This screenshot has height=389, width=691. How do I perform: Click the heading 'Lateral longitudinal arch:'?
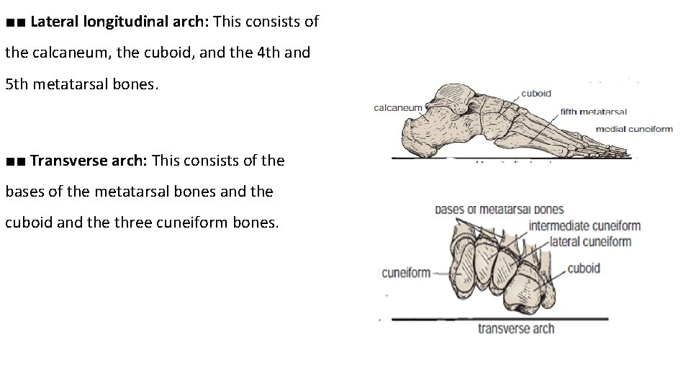point(119,22)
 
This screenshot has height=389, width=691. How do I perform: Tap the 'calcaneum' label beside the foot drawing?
point(397,108)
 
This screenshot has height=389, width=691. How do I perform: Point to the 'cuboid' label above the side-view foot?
point(536,93)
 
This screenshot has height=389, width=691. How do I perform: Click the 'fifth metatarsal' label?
point(594,112)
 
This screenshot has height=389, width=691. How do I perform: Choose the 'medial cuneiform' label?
point(634,130)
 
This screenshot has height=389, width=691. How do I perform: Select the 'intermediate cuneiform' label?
point(584,226)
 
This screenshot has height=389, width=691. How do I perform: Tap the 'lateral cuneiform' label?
point(590,242)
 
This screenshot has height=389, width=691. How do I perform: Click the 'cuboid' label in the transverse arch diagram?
point(584,269)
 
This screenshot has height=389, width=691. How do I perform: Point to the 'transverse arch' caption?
point(516,328)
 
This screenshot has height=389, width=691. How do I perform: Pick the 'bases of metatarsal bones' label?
point(499,210)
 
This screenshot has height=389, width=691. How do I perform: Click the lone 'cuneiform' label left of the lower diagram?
point(406,272)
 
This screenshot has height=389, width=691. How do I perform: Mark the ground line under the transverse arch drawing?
point(497,318)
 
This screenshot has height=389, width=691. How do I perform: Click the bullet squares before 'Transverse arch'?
point(15,161)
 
